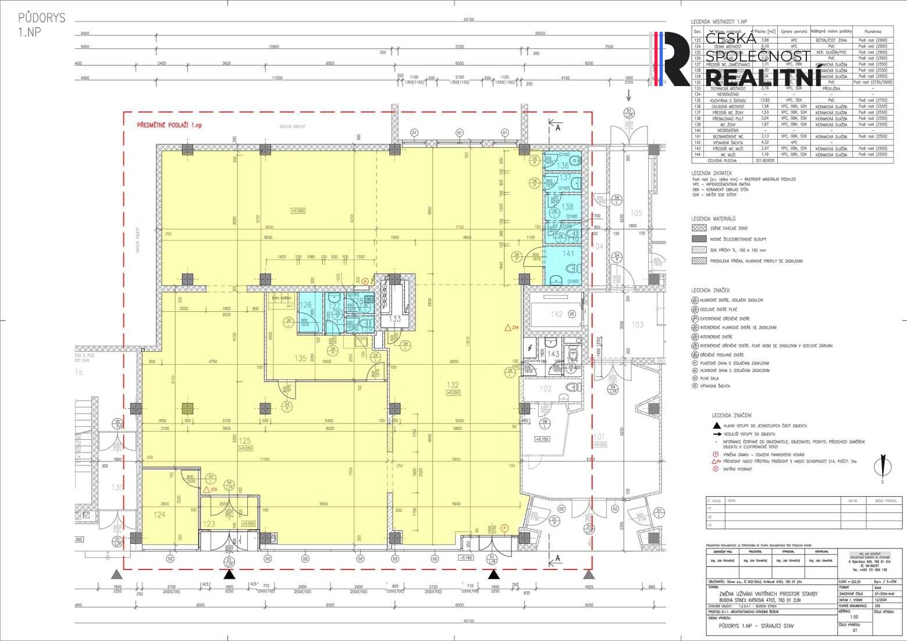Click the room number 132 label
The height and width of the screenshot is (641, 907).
point(453,384)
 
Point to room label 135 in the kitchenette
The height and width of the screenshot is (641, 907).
point(300,358)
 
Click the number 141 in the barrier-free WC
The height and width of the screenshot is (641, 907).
point(568,254)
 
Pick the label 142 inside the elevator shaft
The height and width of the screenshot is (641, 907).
point(557,314)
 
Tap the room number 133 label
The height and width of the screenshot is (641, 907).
point(395,319)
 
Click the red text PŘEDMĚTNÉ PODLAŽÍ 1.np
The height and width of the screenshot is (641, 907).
point(169,126)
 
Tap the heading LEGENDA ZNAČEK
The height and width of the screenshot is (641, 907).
point(710,290)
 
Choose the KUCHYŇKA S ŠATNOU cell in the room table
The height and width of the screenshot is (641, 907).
point(724,100)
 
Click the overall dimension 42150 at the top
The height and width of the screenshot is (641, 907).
point(469,19)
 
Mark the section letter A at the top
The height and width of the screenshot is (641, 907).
point(557,127)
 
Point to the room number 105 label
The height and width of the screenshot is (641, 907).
point(636,213)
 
